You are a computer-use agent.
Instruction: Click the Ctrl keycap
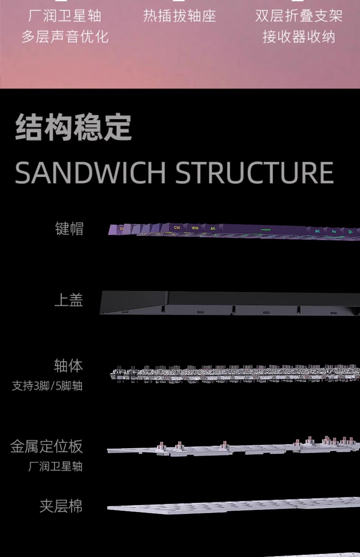point(177,228)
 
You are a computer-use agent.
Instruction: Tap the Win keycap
point(195,228)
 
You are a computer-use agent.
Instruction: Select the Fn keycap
point(334,232)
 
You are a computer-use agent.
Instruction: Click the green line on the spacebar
point(265,230)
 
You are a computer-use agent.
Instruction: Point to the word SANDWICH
point(90,173)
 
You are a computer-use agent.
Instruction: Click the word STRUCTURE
point(254,173)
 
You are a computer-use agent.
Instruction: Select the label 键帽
point(69,229)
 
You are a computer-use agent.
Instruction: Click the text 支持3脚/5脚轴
point(47,386)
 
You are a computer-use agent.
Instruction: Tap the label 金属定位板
point(46,446)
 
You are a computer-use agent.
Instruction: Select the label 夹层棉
point(61,506)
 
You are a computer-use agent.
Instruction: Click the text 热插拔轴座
point(179,16)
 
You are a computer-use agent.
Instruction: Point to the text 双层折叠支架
point(299,16)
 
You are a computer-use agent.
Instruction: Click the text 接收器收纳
point(299,37)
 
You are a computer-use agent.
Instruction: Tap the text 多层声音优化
point(65,37)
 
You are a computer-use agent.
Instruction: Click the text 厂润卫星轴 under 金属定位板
point(55,466)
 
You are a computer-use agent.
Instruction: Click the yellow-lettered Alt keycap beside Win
point(213,229)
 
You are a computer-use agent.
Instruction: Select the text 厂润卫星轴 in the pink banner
point(65,16)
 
